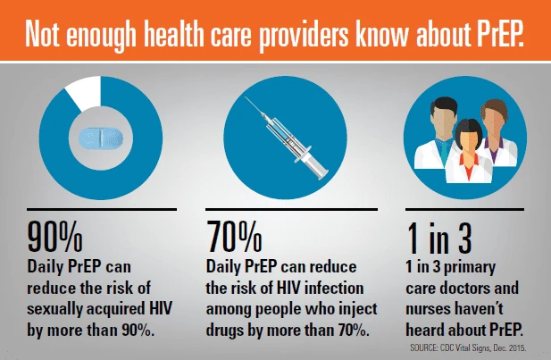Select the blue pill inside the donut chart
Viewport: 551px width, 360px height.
pyautogui.click(x=101, y=138)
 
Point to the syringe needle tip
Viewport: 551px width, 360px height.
pyautogui.click(x=246, y=97)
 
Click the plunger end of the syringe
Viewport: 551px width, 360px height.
pyautogui.click(x=321, y=173)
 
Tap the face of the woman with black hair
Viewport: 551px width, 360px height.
pyautogui.click(x=468, y=140)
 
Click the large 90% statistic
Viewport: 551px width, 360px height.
pyautogui.click(x=54, y=238)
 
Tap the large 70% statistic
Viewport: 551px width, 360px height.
pyautogui.click(x=234, y=238)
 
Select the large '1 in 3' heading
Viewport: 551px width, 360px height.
pyautogui.click(x=439, y=238)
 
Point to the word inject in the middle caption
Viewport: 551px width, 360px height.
pyautogui.click(x=358, y=310)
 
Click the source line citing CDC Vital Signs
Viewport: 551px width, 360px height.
pyautogui.click(x=468, y=348)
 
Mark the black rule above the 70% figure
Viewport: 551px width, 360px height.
pyautogui.click(x=292, y=209)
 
